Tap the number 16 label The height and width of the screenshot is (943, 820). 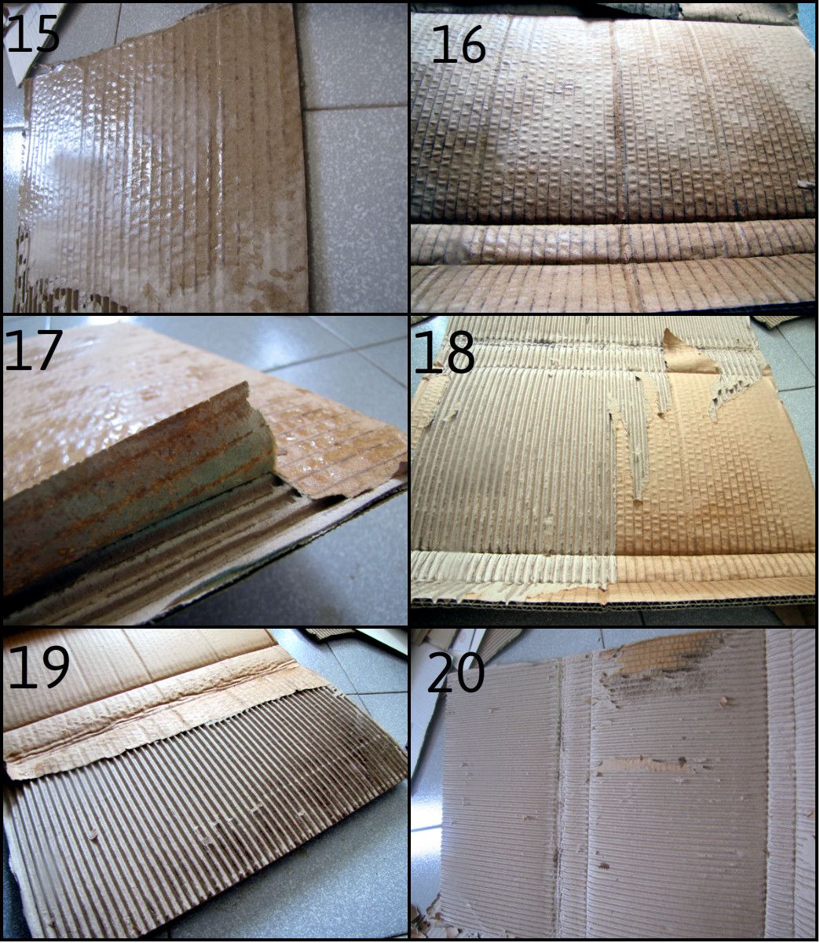[x=459, y=45]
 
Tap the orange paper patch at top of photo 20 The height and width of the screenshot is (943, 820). [x=668, y=652]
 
